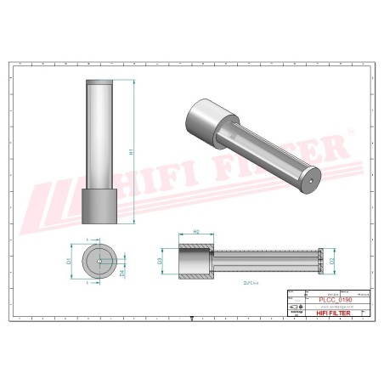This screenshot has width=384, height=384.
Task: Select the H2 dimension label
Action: point(196,231)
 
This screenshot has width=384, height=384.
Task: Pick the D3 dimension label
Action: point(161,262)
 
